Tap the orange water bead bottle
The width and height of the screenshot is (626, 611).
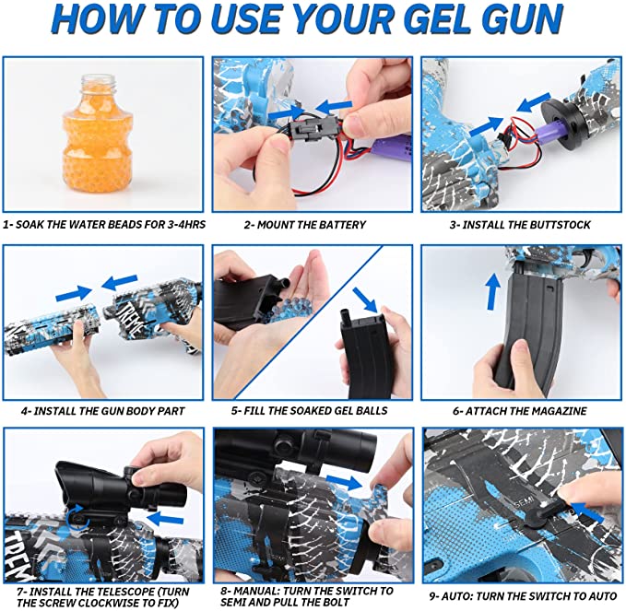pos(97,135)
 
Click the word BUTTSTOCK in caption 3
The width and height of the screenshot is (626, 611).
pos(559,225)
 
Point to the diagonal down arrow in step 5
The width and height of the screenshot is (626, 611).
pos(365,300)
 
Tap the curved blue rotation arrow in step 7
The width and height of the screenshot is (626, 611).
pos(76,518)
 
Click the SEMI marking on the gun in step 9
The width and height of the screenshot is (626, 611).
pos(525,504)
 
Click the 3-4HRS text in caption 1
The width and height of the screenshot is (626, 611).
pos(185,224)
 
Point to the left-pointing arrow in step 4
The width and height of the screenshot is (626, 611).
pos(119,281)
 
